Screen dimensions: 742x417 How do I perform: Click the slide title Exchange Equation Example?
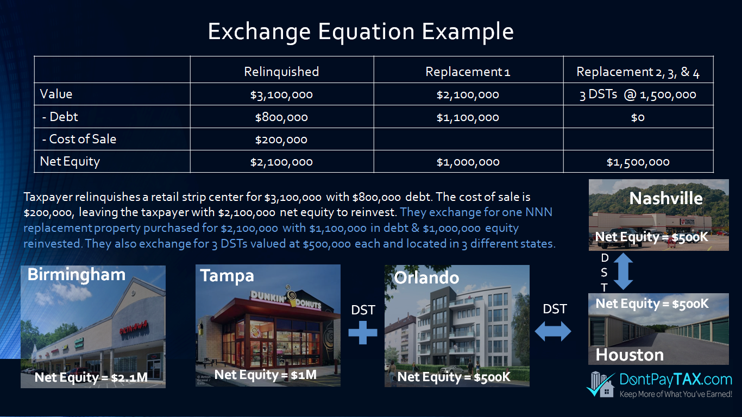click(360, 32)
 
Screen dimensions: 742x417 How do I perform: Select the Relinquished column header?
click(281, 72)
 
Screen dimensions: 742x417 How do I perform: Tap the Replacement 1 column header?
click(468, 72)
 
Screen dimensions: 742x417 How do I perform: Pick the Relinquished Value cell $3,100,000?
click(281, 94)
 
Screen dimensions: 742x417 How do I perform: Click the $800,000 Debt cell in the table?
click(281, 117)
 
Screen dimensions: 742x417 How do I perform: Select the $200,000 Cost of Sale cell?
click(281, 140)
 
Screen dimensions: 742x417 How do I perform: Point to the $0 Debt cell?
click(638, 117)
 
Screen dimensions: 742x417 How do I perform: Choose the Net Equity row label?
click(70, 162)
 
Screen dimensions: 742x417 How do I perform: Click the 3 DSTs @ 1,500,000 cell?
click(638, 94)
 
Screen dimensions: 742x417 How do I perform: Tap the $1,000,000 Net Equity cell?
click(468, 162)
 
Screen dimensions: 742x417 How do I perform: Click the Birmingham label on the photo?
click(77, 275)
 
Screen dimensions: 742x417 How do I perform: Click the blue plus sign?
click(363, 332)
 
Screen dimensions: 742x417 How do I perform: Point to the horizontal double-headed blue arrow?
click(553, 332)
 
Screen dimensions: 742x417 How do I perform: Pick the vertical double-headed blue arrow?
click(624, 271)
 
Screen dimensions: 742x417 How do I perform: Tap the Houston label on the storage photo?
click(630, 355)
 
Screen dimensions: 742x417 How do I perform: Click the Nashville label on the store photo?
click(666, 198)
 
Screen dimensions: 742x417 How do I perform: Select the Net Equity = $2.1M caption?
click(91, 377)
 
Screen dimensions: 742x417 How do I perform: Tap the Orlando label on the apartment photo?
click(426, 277)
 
